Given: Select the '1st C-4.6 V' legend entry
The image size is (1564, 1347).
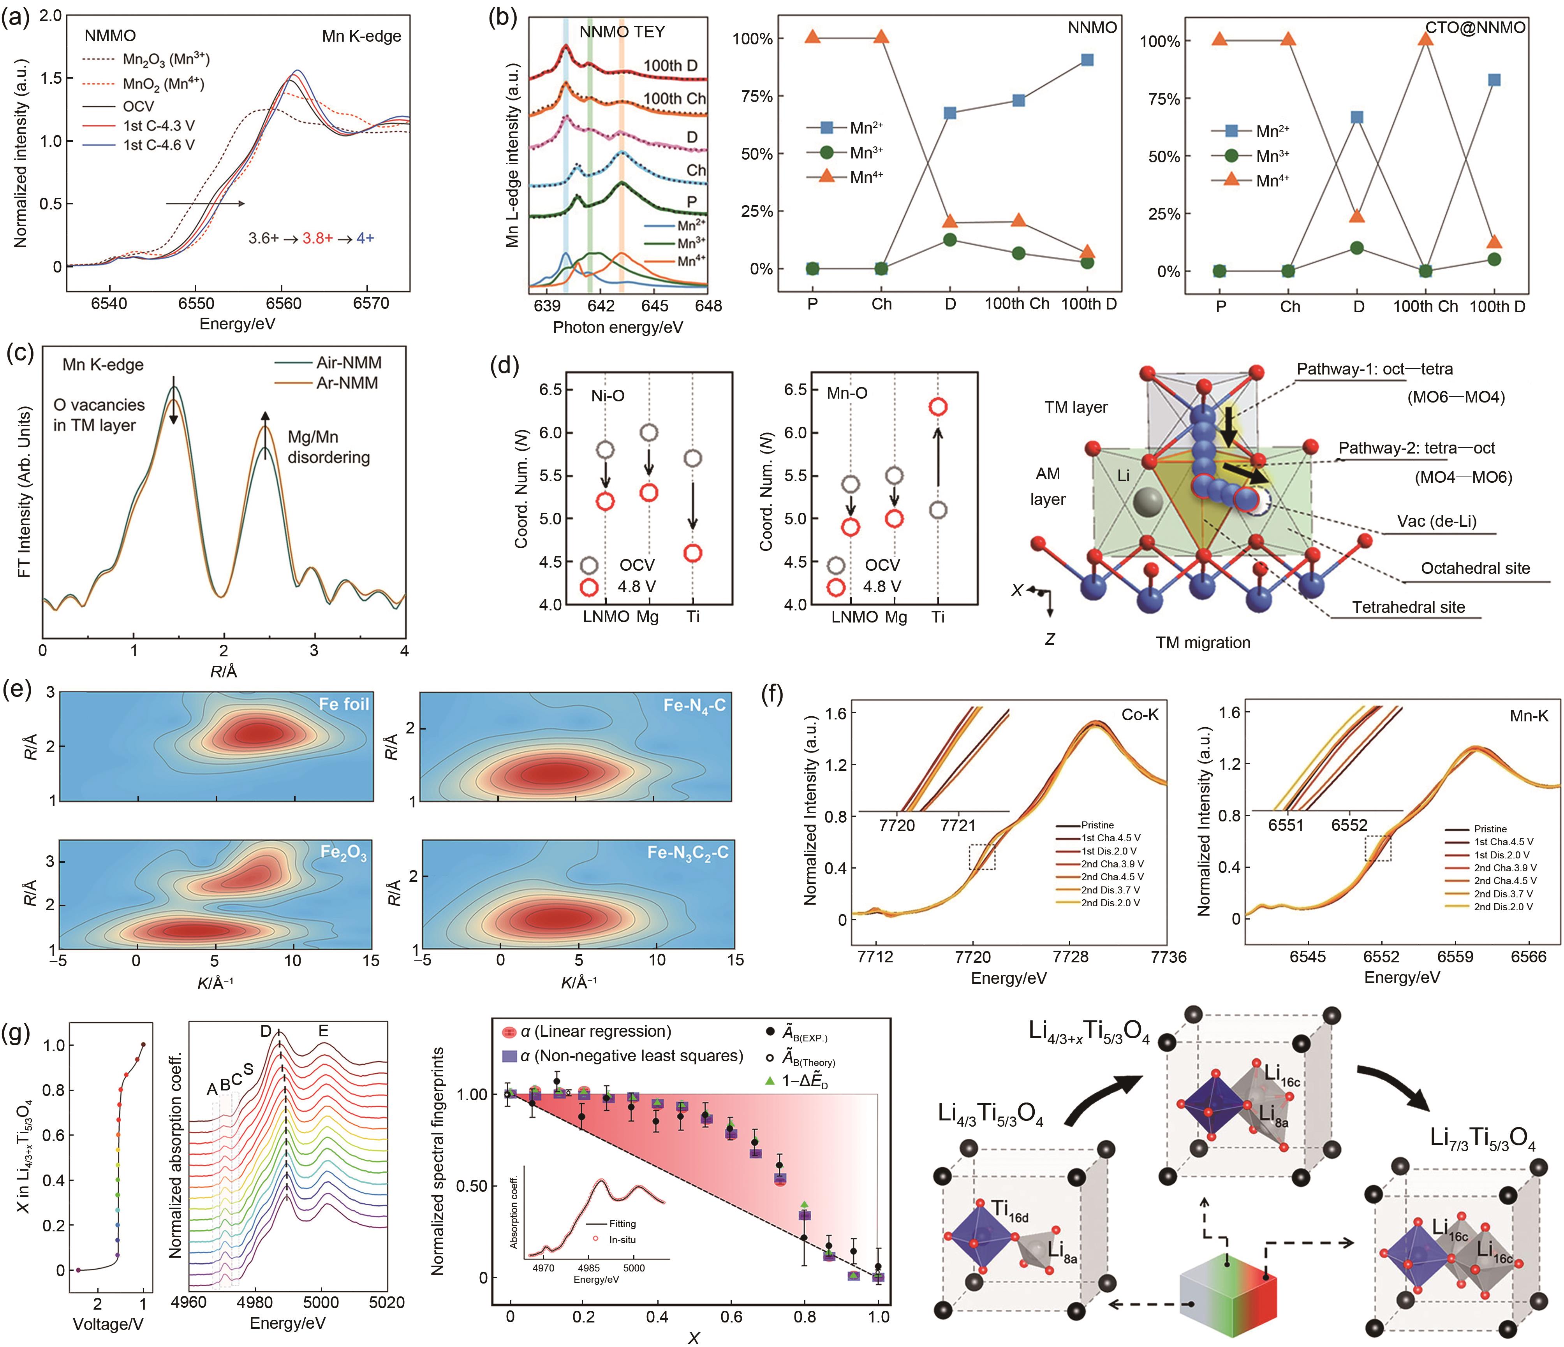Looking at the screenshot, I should pos(159,145).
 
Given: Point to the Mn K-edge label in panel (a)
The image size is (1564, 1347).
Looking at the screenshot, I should pos(361,36).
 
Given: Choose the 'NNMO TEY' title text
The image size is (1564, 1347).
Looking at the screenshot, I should pos(622,32).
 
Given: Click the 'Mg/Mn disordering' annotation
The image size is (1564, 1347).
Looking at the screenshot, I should pos(328,447).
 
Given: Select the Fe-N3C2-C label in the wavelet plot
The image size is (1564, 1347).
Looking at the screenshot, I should pos(688,853).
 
